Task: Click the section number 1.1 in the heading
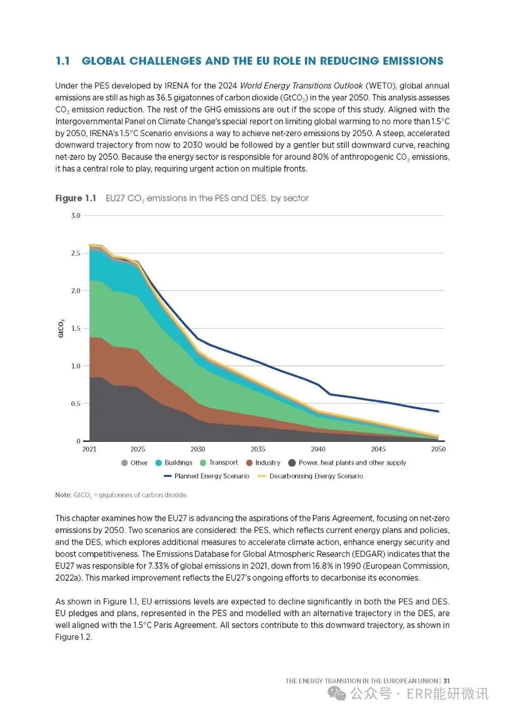coord(63,61)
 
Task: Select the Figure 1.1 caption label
coord(76,198)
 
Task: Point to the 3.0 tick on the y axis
coord(76,216)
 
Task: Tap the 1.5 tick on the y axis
coord(76,328)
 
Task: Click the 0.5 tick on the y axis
coord(76,404)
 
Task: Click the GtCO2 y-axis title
coord(61,328)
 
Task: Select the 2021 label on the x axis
coord(89,449)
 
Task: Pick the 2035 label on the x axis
coord(258,449)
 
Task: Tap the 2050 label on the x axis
coord(438,449)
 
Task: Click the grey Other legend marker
coord(124,463)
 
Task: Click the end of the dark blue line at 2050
coord(438,411)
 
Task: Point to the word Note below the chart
coord(63,495)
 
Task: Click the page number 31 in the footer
coord(447,681)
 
